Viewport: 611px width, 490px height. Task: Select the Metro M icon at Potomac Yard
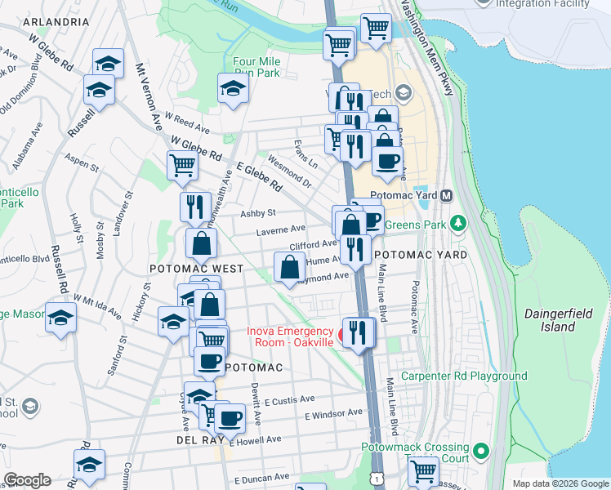[x=447, y=197]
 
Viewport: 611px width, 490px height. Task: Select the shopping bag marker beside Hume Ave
[x=290, y=267]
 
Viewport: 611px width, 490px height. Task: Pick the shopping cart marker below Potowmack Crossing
[x=423, y=470]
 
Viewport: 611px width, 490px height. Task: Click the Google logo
[x=27, y=480]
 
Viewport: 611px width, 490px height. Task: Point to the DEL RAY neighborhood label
[x=194, y=439]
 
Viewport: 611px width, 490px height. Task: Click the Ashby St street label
[x=258, y=213]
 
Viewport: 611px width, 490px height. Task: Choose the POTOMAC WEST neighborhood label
[x=196, y=269]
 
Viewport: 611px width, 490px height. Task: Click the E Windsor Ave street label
[x=333, y=414]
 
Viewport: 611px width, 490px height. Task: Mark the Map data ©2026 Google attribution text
[x=560, y=483]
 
